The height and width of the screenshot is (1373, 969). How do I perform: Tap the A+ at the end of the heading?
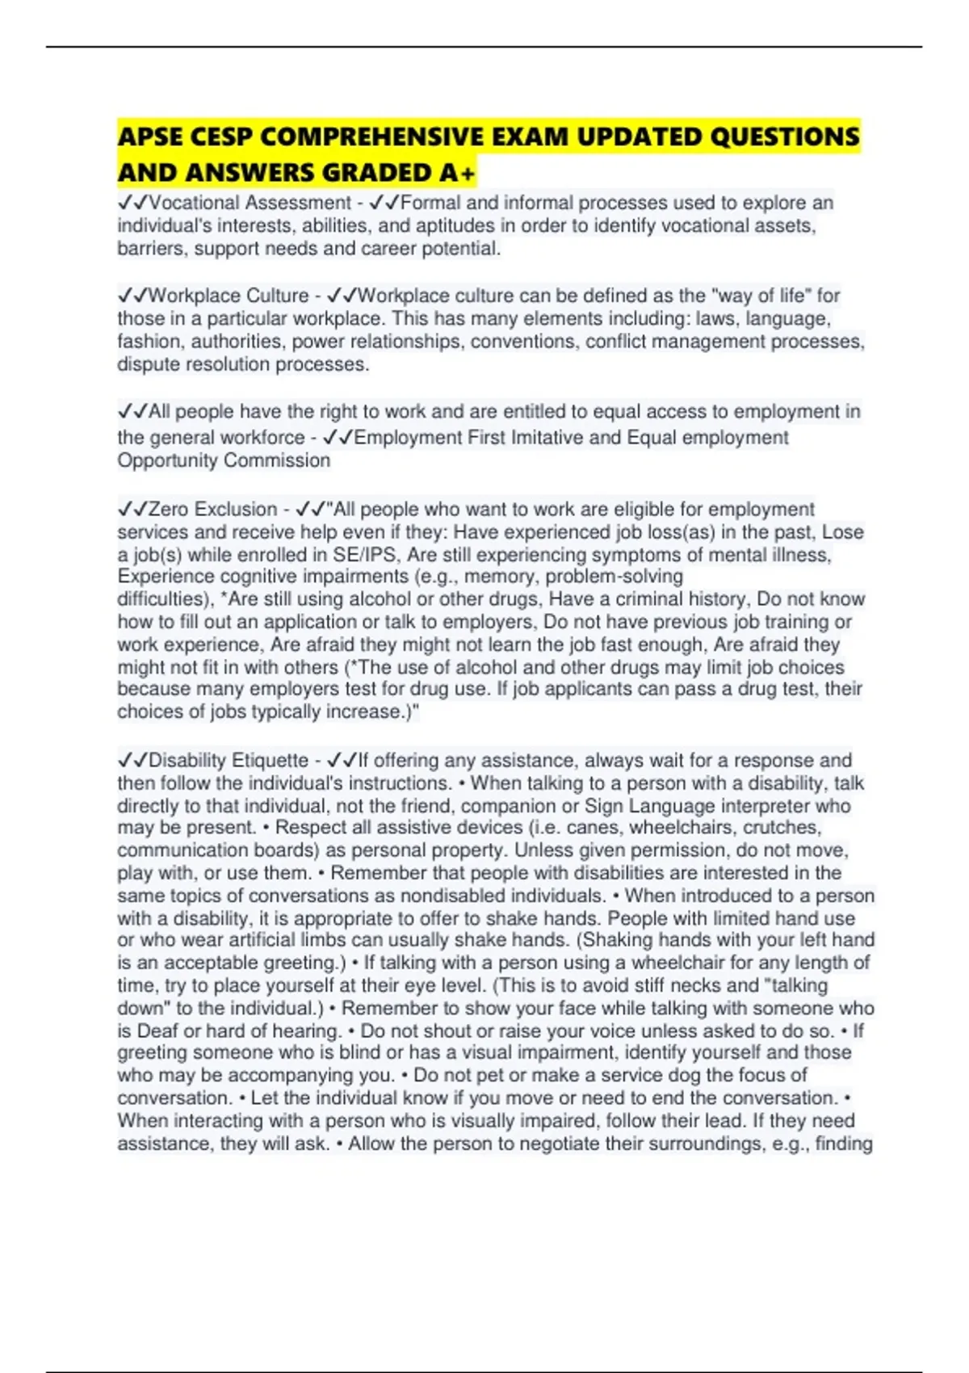click(x=459, y=173)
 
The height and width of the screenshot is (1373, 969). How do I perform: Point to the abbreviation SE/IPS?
click(x=362, y=555)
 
